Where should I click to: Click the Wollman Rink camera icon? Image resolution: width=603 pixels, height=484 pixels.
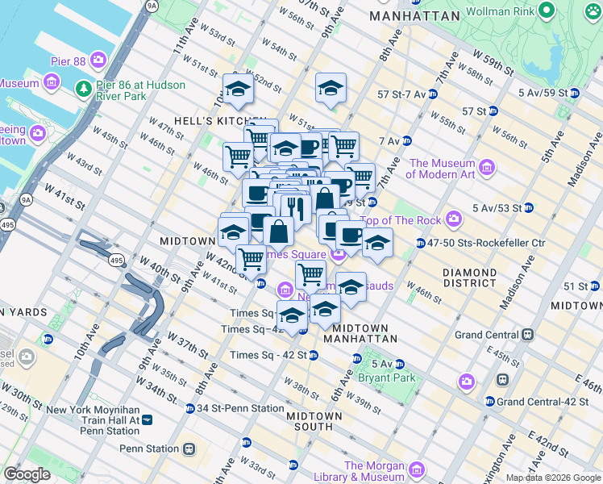[547, 10]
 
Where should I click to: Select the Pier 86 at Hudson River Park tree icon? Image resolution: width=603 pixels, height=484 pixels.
[82, 86]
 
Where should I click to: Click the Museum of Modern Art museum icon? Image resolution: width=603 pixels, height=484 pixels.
[487, 167]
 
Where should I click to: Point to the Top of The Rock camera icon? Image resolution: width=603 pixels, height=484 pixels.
[454, 219]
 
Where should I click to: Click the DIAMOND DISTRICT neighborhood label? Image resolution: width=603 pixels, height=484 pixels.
[469, 278]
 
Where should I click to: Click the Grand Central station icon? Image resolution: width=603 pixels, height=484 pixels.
[528, 334]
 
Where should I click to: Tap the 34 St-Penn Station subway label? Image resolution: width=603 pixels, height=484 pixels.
[240, 408]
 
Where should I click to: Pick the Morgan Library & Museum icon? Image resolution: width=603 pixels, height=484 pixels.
[416, 469]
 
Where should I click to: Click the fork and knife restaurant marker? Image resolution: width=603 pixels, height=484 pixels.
[295, 208]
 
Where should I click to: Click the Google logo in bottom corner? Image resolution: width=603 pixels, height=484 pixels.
[27, 474]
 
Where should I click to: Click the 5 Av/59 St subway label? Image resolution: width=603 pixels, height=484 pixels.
[543, 93]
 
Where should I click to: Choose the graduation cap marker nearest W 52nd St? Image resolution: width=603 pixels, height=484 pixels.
[238, 89]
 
